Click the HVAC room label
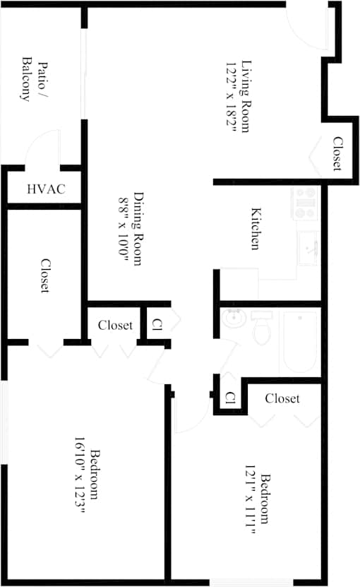(47, 189)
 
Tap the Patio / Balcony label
(35, 79)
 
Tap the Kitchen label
(256, 228)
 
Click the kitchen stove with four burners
(305, 203)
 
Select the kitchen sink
(308, 248)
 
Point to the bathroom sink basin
(234, 319)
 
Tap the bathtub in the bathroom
(300, 342)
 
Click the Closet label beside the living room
(338, 154)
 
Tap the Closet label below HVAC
(45, 275)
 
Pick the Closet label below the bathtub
(282, 398)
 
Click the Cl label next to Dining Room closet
(157, 324)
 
